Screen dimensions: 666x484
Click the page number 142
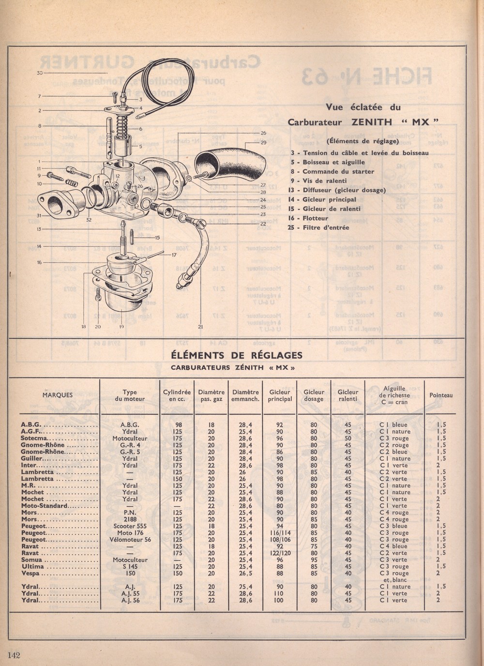14,655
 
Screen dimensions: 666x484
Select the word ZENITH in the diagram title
372,122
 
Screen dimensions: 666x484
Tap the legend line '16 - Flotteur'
308,218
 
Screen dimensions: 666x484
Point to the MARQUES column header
58,395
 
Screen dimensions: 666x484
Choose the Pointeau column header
441,395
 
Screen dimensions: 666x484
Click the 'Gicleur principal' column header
280,395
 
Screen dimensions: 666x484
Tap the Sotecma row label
34,439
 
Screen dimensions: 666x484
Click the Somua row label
32,560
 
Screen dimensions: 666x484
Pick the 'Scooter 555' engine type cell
130,526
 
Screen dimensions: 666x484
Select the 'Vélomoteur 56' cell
130,539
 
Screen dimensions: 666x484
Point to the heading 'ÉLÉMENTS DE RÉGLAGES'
237,355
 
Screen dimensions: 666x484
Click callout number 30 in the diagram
40,73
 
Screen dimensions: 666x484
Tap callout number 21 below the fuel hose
200,327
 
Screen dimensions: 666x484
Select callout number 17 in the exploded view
173,255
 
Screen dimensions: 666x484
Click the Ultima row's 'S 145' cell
130,566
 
